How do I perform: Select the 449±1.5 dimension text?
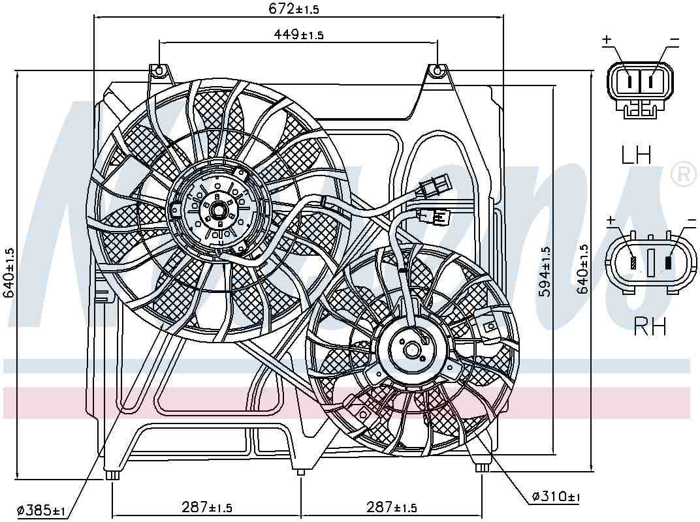tap(298, 35)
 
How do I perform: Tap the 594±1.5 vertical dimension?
tap(545, 271)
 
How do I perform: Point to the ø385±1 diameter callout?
tap(41, 510)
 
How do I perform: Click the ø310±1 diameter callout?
tap(556, 497)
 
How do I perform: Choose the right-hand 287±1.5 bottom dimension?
tap(392, 507)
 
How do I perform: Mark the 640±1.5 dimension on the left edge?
tap(9, 273)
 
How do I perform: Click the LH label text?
tap(636, 155)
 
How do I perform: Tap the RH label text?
tap(650, 326)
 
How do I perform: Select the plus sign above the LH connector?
tap(607, 40)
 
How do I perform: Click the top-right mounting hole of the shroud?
tap(437, 69)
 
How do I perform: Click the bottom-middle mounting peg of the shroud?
tap(300, 472)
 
